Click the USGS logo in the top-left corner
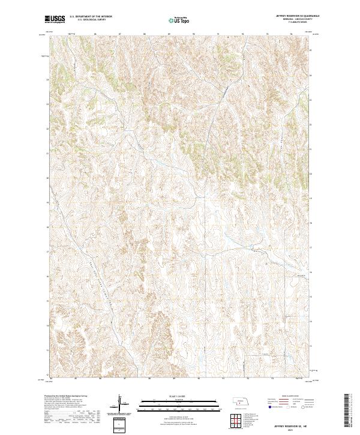(x=55, y=20)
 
